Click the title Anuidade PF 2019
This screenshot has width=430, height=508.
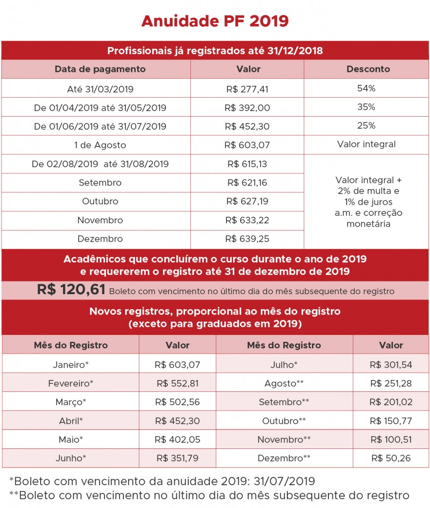click(x=215, y=21)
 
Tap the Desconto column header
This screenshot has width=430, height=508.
click(x=366, y=69)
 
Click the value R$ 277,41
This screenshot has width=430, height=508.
click(x=247, y=89)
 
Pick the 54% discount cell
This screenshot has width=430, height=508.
click(x=366, y=88)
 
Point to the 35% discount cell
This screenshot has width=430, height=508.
click(x=366, y=107)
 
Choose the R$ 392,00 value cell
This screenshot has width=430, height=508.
click(x=247, y=108)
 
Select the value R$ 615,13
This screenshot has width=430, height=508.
click(x=247, y=164)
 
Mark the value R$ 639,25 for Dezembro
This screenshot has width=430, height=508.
click(x=247, y=239)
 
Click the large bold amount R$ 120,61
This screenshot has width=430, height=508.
click(x=71, y=290)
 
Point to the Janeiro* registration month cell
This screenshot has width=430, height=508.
click(x=70, y=365)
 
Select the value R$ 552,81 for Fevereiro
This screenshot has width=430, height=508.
click(x=177, y=383)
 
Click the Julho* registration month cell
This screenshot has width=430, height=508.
click(x=284, y=365)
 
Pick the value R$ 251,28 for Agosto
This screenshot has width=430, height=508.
click(x=390, y=383)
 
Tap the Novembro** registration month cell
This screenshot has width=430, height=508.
click(x=284, y=440)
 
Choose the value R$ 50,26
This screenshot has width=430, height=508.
click(x=390, y=458)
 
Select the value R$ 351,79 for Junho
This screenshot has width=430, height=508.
click(x=177, y=458)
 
